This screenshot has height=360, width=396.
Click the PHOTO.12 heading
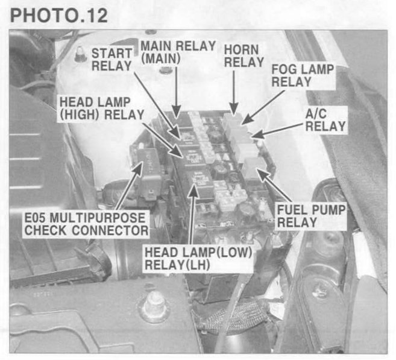59,16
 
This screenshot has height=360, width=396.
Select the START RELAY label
112,60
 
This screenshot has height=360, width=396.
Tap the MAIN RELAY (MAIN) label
178,52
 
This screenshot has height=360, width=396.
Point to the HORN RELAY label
244,56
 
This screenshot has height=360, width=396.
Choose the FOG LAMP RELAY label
303,75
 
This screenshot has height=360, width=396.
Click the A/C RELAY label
325,120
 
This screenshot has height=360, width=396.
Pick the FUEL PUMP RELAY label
311,216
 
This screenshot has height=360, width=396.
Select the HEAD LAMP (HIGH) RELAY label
101,109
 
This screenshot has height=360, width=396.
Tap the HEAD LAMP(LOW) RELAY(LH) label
198,259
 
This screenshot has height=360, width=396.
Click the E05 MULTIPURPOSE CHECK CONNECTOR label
86,224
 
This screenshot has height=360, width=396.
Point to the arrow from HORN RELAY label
234,92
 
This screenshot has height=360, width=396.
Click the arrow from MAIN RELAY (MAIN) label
176,92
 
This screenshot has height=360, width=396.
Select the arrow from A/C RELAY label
278,130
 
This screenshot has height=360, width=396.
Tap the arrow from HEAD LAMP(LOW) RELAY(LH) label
192,214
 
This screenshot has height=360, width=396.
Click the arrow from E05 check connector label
130,185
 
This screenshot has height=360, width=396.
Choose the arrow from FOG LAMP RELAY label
263,107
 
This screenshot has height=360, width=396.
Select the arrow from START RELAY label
157,105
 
